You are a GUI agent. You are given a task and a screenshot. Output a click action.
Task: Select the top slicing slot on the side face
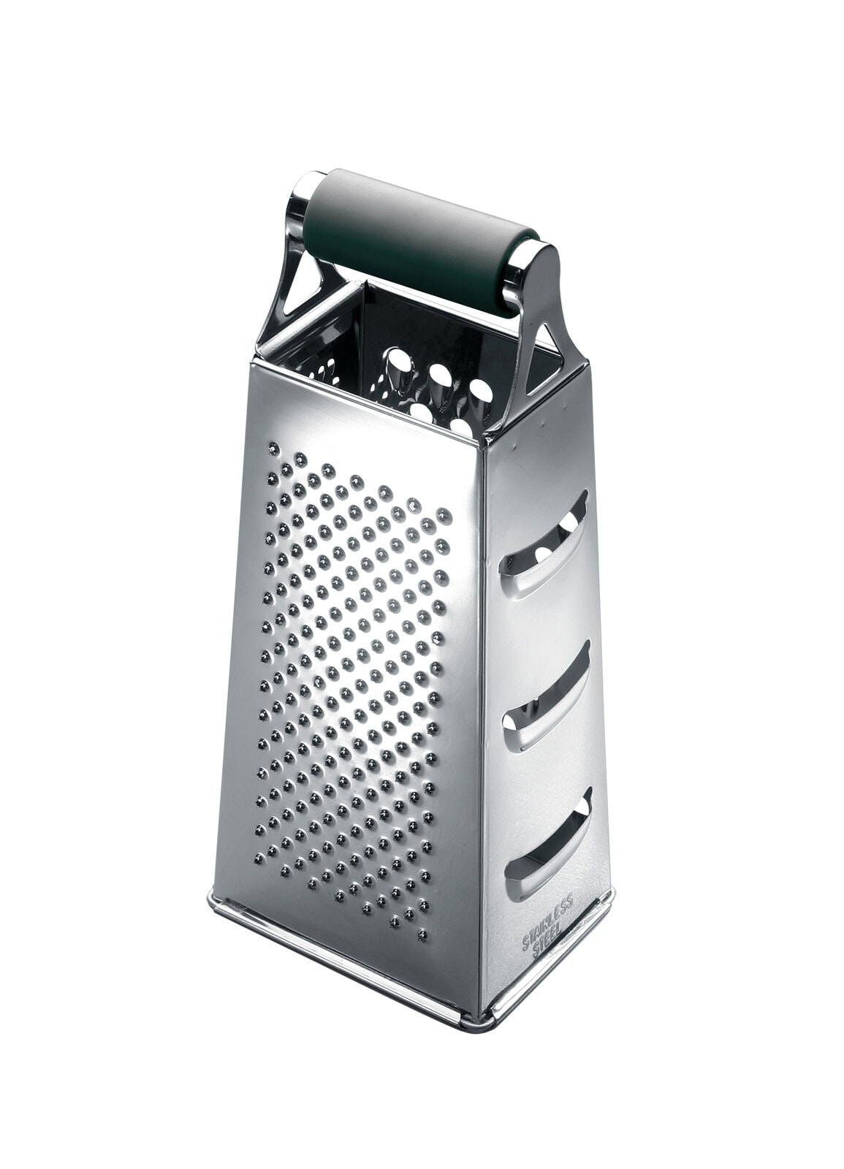pyautogui.click(x=546, y=545)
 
